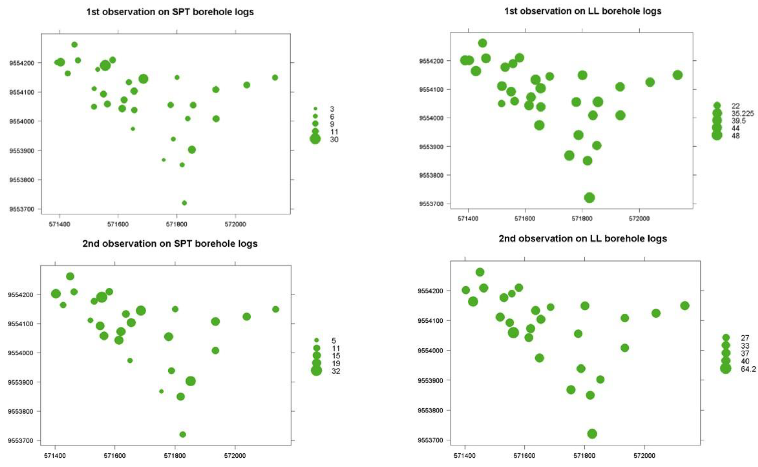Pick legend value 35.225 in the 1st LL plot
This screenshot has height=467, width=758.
[742, 113]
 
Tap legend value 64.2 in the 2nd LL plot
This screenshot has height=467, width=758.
[748, 369]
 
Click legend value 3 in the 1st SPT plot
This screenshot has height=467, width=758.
[332, 109]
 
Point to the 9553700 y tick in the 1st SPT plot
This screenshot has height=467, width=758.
[21, 209]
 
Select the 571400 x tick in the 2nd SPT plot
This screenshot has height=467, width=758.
[55, 456]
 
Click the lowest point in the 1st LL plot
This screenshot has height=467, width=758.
[589, 198]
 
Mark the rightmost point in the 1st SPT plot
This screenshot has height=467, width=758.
[275, 77]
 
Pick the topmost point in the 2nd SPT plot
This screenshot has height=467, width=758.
[70, 276]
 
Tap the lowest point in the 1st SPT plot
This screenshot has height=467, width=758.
[184, 203]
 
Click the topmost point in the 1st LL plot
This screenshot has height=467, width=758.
[482, 43]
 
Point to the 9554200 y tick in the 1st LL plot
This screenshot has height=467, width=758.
[431, 61]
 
